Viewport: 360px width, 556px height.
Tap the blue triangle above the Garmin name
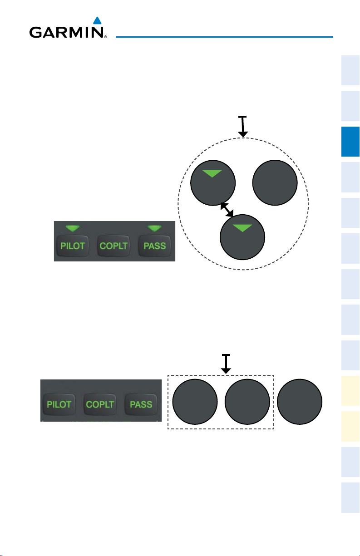[x=96, y=20]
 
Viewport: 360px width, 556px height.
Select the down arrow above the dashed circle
[x=243, y=127]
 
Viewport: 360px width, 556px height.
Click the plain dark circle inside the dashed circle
[x=275, y=182]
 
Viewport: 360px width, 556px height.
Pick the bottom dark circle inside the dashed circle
[x=242, y=236]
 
